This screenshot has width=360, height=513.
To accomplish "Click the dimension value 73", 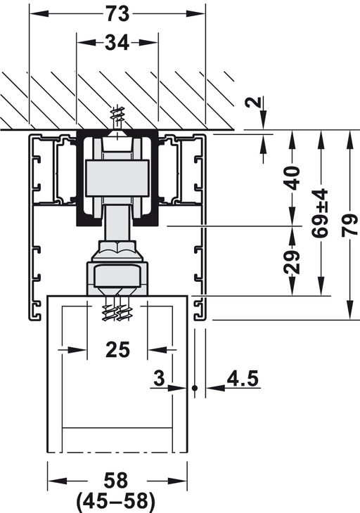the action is point(117,14).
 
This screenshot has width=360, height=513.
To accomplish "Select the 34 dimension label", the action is point(117,43).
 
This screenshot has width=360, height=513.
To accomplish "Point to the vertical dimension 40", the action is point(292,178).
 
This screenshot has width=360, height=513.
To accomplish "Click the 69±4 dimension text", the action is point(320,213).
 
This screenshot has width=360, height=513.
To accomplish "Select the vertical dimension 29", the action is point(292,261).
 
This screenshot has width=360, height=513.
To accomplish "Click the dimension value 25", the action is point(118,349).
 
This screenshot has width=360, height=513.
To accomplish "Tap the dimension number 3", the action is point(160,378).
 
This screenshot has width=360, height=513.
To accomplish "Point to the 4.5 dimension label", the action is point(243,378).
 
